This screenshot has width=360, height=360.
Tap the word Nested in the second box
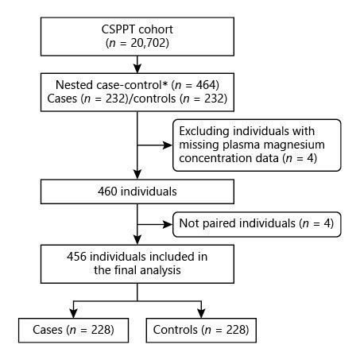[x=74, y=84]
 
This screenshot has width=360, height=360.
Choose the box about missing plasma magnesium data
[x=257, y=145]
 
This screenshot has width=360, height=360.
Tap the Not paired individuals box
[x=257, y=226]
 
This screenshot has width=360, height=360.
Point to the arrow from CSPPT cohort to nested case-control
[x=137, y=64]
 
